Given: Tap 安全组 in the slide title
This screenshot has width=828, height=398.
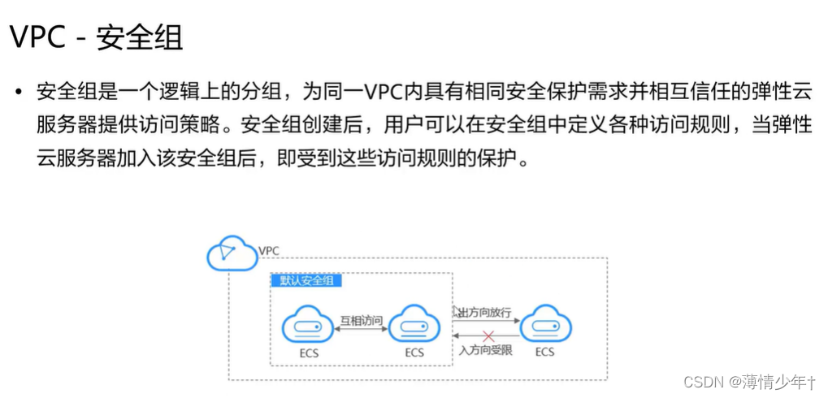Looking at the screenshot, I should coord(139,37).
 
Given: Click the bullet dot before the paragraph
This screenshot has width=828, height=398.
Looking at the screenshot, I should coord(19,92).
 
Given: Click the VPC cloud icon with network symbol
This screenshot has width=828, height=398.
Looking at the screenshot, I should coord(232,254).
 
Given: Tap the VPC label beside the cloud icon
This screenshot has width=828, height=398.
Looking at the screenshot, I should coord(269,250).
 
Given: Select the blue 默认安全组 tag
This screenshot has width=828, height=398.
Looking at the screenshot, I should coord(306,281).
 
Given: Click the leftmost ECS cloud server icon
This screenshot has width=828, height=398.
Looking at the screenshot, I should coord(308,327).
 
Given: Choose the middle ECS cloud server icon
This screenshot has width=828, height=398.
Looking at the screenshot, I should coord(414,327).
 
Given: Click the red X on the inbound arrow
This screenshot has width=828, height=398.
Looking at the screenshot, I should coord(488,336).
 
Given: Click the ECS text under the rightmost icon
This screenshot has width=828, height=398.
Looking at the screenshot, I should coord(544,352).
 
